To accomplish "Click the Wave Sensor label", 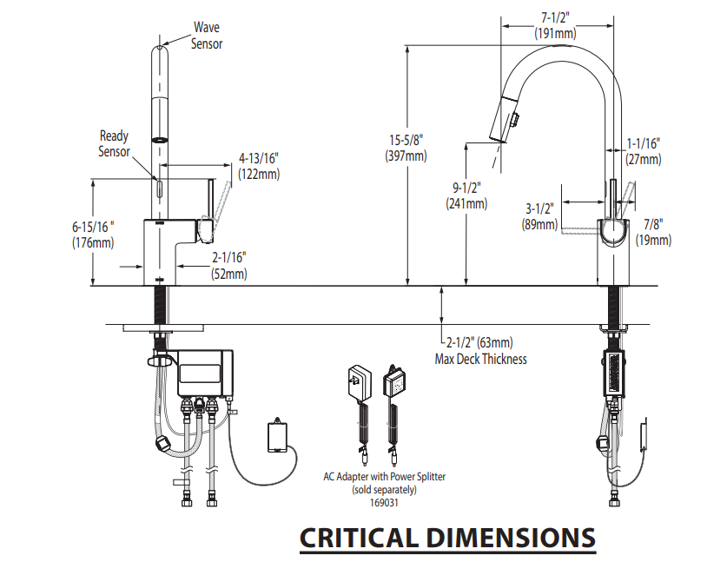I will tap(207, 35).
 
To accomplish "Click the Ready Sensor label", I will tap(114, 143).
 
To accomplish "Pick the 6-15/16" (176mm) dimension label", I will tap(93, 234).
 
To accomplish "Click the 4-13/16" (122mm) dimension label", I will tap(259, 166).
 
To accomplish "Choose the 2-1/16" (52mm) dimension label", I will tap(229, 265).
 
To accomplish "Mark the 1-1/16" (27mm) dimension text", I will tap(644, 151).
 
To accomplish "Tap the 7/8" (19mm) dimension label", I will tap(656, 232).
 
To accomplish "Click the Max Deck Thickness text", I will tap(481, 358).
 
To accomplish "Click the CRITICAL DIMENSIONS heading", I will tap(447, 538).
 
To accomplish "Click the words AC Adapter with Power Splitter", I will tap(386, 476).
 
